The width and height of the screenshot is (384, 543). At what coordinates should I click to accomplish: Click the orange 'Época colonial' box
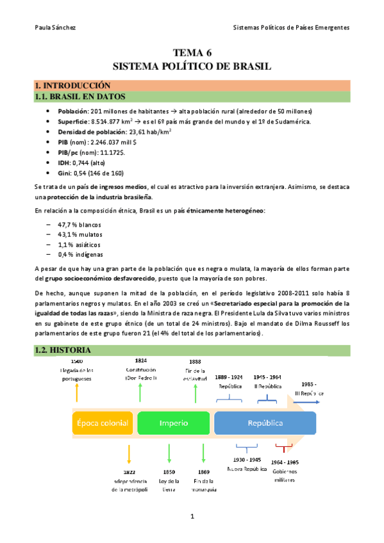(103, 423)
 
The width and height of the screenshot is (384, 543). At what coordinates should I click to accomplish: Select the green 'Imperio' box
(174, 423)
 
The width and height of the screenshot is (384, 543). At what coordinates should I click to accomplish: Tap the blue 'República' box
(264, 423)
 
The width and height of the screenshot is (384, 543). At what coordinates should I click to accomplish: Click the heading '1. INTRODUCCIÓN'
(73, 85)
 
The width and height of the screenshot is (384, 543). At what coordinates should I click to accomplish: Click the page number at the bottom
(192, 516)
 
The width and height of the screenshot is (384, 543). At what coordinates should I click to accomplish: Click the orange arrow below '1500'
(77, 392)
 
